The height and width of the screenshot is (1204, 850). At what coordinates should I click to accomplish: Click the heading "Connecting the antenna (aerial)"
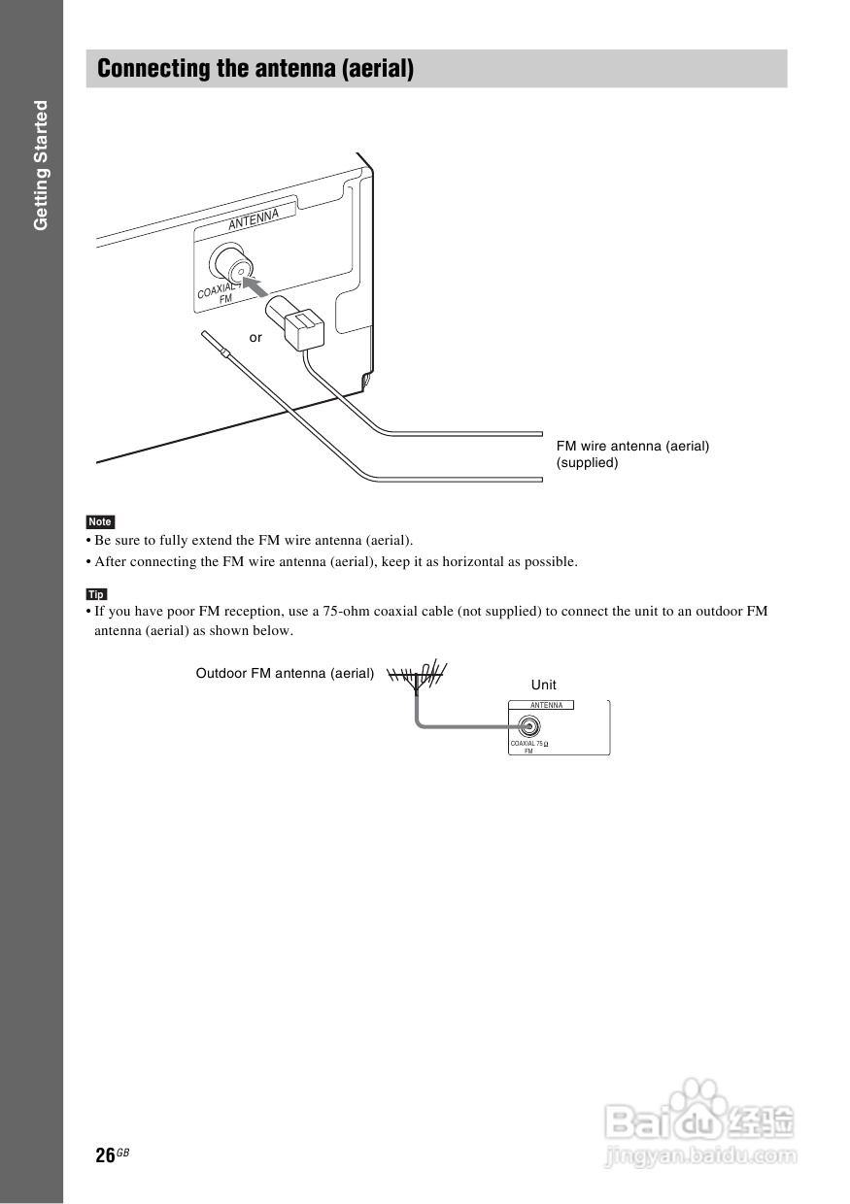click(x=255, y=69)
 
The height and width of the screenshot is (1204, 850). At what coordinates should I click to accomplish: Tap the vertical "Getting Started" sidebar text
click(x=41, y=165)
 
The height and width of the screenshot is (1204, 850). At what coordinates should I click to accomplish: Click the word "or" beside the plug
click(x=255, y=338)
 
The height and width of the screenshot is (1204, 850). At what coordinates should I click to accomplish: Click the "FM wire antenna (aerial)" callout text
click(x=632, y=446)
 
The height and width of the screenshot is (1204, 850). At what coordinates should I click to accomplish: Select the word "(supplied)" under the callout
click(x=587, y=463)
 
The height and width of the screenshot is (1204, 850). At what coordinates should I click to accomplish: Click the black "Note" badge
click(x=100, y=522)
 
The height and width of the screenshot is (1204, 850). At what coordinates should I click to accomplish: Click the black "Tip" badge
click(x=96, y=594)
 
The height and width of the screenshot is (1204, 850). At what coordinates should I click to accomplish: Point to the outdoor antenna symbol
click(x=417, y=675)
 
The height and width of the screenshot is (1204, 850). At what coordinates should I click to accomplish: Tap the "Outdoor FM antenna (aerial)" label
click(x=285, y=673)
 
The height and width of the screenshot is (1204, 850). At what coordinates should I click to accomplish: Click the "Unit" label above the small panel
click(x=544, y=685)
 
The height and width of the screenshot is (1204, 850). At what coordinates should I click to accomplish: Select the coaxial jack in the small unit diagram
click(x=528, y=725)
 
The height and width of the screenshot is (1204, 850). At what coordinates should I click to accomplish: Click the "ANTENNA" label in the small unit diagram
click(x=546, y=705)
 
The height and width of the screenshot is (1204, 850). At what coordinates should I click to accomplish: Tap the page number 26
click(x=106, y=1155)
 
